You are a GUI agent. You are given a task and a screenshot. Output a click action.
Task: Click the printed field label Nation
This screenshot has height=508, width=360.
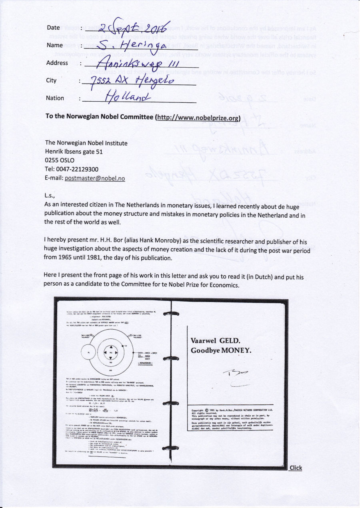coord(55,98)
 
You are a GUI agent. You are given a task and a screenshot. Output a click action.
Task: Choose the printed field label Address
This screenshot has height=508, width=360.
coord(57,63)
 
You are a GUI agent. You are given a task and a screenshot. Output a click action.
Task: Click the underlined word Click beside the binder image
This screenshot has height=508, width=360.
coord(296,468)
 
